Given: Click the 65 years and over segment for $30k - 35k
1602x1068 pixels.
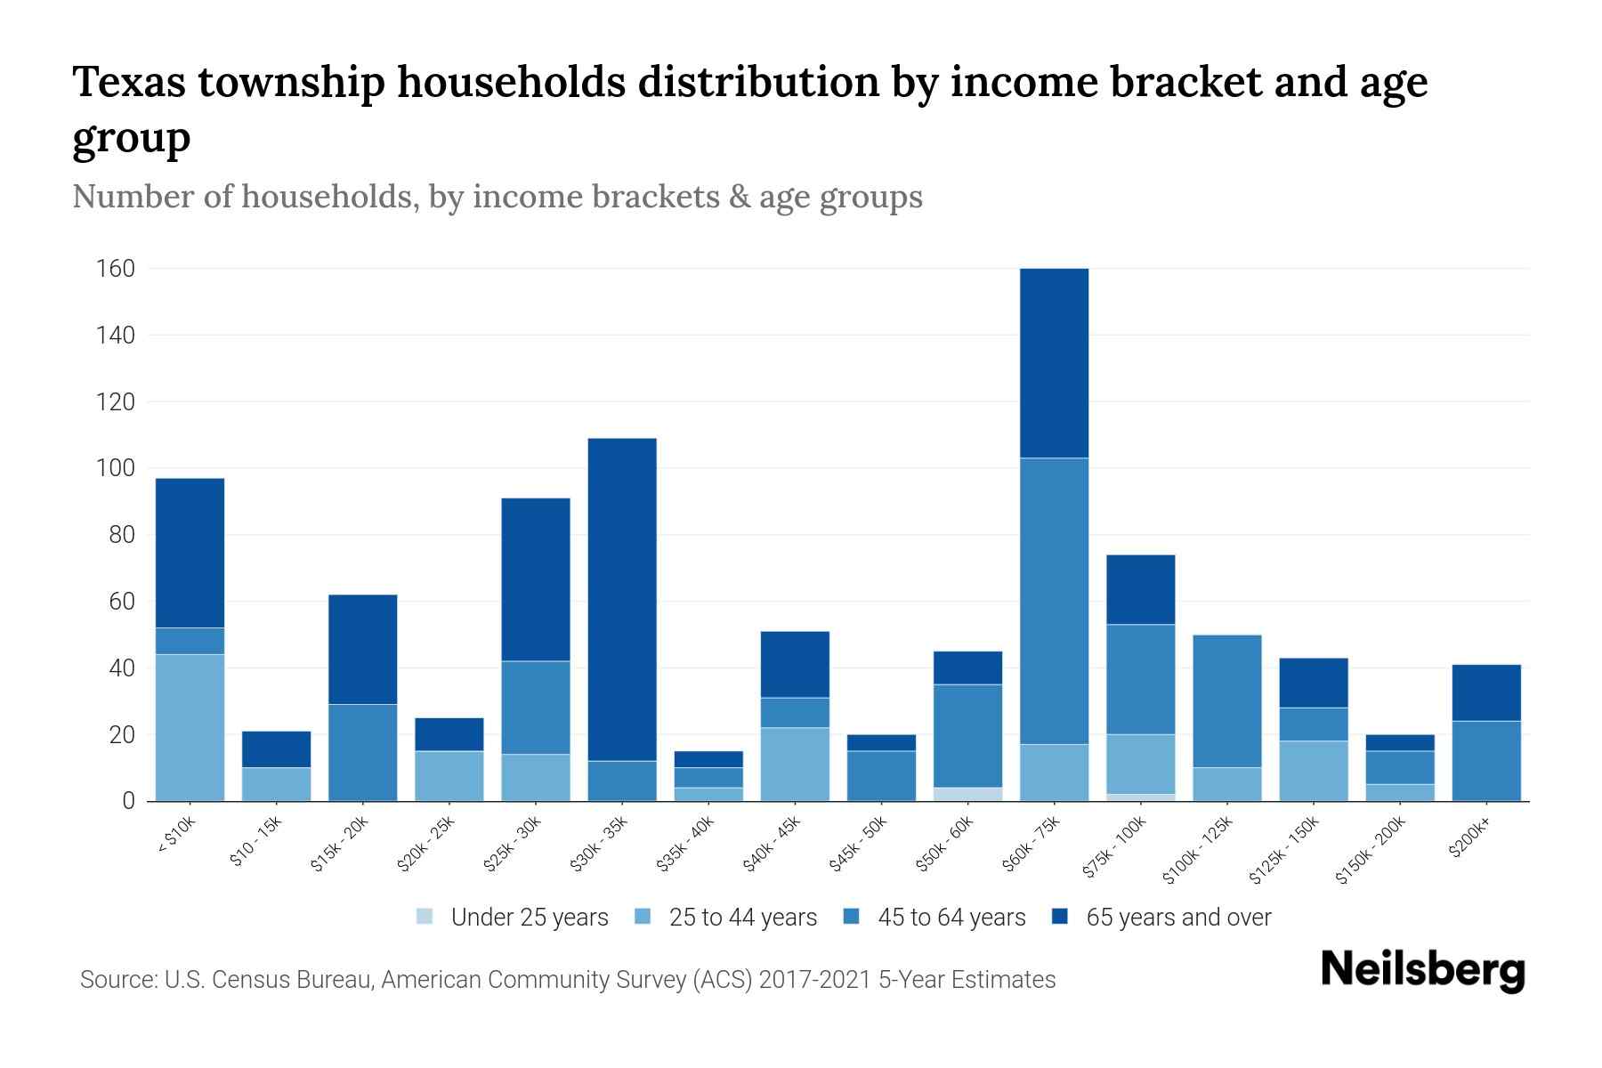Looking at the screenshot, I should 622,599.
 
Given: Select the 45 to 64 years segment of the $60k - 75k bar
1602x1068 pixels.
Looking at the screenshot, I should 1054,601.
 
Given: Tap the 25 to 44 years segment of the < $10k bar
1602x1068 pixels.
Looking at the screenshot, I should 190,727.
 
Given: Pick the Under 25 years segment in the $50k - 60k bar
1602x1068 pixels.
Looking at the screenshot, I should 967,794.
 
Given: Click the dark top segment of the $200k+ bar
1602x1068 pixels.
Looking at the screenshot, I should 1486,692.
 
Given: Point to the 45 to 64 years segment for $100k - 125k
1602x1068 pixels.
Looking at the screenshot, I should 1227,700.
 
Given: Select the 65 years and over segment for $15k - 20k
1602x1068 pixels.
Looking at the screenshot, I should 362,649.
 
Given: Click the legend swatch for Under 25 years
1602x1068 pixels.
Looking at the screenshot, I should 425,917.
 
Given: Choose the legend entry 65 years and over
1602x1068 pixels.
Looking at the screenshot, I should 1177,918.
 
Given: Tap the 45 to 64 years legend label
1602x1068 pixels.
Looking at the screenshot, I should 951,918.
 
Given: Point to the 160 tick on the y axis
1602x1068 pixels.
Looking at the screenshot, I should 116,269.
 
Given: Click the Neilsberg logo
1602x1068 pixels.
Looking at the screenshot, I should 1422,970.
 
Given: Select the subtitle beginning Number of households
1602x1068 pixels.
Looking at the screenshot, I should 497,197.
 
